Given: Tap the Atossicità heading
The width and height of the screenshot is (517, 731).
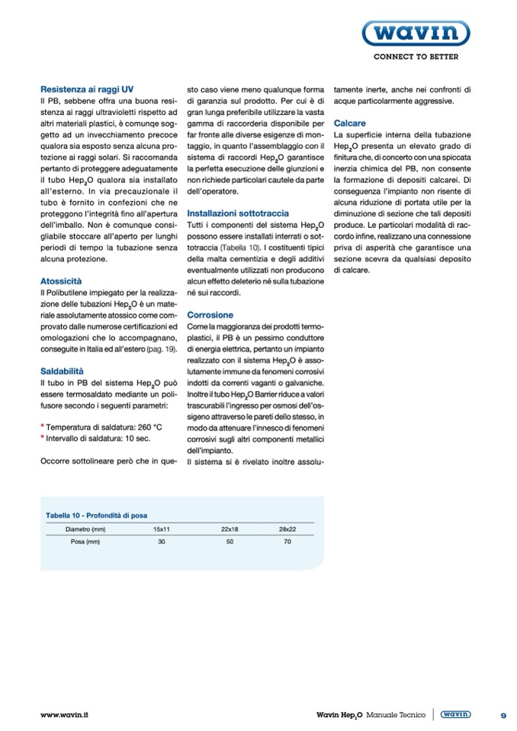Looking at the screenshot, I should tap(60, 281).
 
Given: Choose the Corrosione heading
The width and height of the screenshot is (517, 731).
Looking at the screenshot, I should tap(210, 315).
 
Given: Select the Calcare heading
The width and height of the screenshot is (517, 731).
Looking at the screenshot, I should tap(350, 123).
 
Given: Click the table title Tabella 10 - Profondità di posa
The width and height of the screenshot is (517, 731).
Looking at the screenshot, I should tap(97, 515).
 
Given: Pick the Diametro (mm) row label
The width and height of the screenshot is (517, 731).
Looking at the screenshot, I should tap(85, 528).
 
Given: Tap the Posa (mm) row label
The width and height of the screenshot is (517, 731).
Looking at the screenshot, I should tap(85, 542).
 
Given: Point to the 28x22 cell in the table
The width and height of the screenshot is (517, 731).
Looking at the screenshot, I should tap(287, 528).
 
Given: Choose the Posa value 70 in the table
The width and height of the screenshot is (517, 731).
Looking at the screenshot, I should tap(287, 542).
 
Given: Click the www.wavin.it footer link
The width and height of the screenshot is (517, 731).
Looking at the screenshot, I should tap(65, 715).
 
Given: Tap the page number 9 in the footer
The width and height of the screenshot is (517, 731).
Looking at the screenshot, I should tap(504, 715).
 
